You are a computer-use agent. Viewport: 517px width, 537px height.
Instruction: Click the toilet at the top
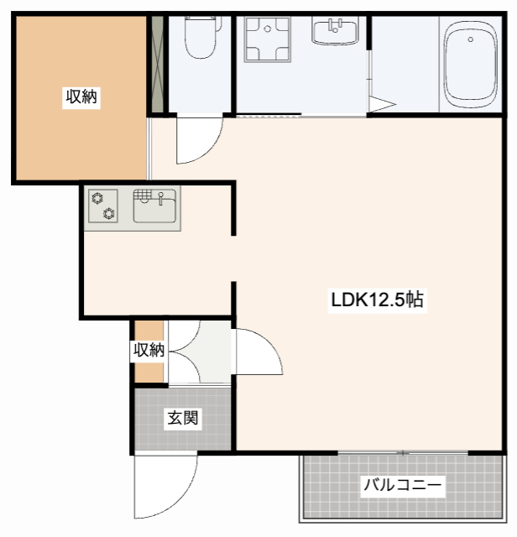click(x=201, y=39)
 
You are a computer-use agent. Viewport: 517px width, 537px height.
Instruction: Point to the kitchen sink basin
click(x=154, y=206)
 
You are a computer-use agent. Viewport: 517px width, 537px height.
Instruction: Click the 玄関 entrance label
click(x=182, y=417)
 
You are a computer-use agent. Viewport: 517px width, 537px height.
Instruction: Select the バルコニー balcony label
click(x=402, y=484)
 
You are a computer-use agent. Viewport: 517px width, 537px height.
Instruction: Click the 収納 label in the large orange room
click(x=82, y=97)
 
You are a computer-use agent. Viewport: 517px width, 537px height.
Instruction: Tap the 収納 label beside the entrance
click(x=149, y=350)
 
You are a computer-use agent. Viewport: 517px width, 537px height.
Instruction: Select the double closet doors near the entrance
click(x=199, y=352)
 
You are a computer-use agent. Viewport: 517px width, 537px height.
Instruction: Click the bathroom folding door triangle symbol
click(x=380, y=104)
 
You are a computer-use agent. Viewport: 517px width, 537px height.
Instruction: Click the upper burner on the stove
click(x=97, y=198)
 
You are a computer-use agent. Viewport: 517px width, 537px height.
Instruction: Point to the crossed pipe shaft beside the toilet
click(x=155, y=64)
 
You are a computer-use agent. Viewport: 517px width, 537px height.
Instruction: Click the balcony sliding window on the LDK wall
click(x=403, y=453)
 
